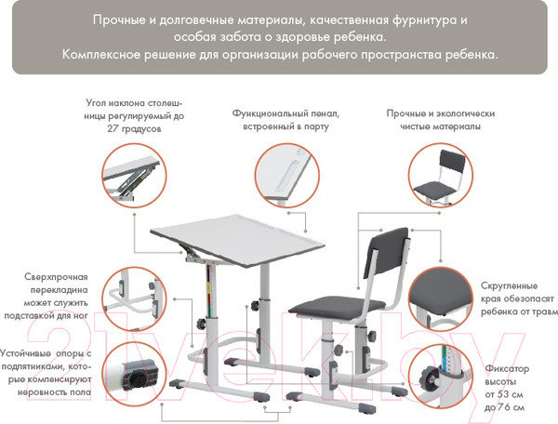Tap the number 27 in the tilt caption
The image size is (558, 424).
[x=113, y=128]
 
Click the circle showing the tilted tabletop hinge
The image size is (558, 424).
[x=135, y=176]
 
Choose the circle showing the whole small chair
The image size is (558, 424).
[x=441, y=175]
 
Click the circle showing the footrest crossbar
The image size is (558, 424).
[x=135, y=299]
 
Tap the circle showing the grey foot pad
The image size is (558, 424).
[x=135, y=374]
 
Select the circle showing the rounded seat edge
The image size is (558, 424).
[x=441, y=299]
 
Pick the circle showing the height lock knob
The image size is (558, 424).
[x=441, y=376]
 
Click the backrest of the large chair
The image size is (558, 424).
[x=386, y=252]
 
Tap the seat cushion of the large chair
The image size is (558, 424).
[x=337, y=308]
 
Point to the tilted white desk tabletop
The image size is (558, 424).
[x=237, y=240]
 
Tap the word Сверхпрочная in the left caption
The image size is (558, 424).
[x=56, y=277]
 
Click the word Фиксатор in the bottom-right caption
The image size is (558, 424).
[x=507, y=368]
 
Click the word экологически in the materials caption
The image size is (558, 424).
[x=466, y=113]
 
